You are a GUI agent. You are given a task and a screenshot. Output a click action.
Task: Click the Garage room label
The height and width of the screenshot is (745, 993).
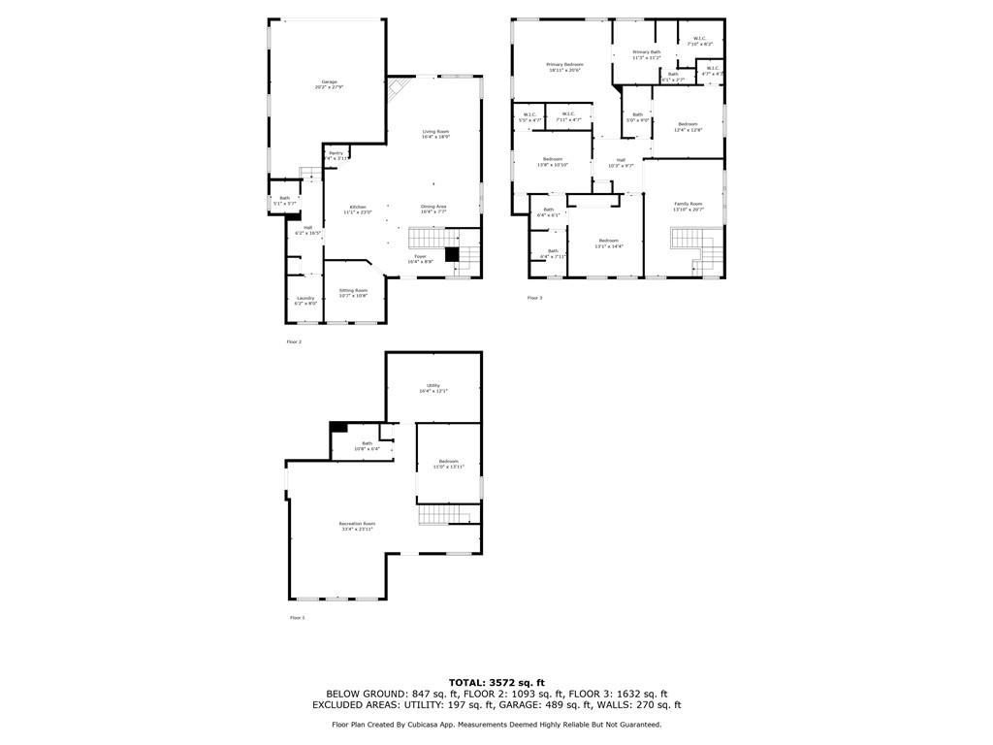pyautogui.click(x=329, y=81)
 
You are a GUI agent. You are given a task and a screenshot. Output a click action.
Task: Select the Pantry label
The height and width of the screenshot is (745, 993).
pyautogui.click(x=336, y=152)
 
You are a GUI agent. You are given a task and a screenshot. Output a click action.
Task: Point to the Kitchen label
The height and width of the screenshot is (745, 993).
pyautogui.click(x=358, y=208)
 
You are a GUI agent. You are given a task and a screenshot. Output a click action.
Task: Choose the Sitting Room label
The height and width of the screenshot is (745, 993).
pyautogui.click(x=353, y=290)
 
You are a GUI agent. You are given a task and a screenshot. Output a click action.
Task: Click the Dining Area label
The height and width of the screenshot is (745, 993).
pyautogui.click(x=433, y=206)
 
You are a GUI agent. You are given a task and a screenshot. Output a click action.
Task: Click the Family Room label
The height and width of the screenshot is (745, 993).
pyautogui.click(x=689, y=204)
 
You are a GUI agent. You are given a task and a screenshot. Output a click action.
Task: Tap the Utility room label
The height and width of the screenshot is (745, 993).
pyautogui.click(x=433, y=385)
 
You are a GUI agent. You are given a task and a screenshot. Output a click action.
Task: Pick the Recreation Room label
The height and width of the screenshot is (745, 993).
pyautogui.click(x=357, y=524)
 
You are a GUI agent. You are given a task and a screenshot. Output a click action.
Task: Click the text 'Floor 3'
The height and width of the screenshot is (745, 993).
pyautogui.click(x=534, y=298)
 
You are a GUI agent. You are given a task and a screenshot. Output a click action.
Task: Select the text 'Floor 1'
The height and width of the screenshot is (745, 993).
pyautogui.click(x=297, y=618)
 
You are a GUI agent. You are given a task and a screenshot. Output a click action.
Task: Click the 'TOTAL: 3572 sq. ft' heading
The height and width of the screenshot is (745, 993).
pyautogui.click(x=496, y=682)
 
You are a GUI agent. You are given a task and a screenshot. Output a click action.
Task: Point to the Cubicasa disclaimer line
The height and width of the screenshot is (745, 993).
pyautogui.click(x=496, y=725)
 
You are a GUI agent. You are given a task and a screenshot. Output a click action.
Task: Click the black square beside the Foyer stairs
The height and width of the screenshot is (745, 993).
pyautogui.click(x=451, y=255)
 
